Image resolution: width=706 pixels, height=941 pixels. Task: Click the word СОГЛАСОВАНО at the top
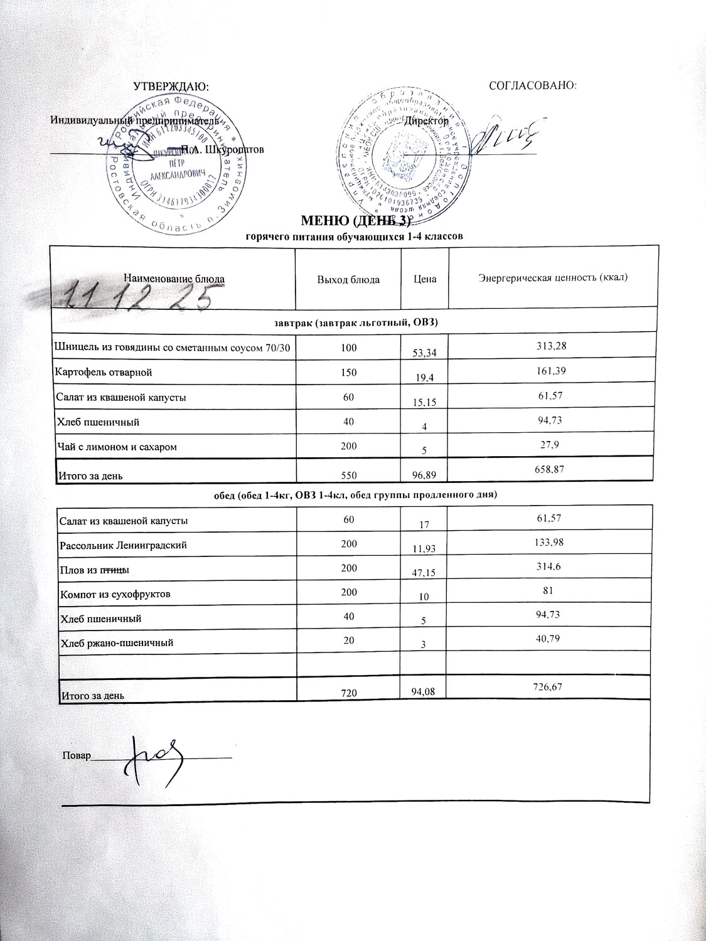[532, 85]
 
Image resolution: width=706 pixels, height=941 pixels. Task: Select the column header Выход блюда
[348, 279]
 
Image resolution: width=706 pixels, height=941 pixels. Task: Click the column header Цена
[425, 279]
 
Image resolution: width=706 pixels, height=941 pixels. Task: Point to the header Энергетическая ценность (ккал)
[554, 277]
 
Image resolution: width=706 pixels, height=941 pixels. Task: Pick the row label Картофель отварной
[104, 373]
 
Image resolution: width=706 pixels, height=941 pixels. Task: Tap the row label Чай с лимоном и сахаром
[116, 447]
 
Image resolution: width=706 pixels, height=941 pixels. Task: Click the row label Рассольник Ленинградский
[123, 546]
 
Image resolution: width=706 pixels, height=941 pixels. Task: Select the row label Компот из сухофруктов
[115, 593]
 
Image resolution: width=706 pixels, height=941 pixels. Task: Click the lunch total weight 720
[350, 693]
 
